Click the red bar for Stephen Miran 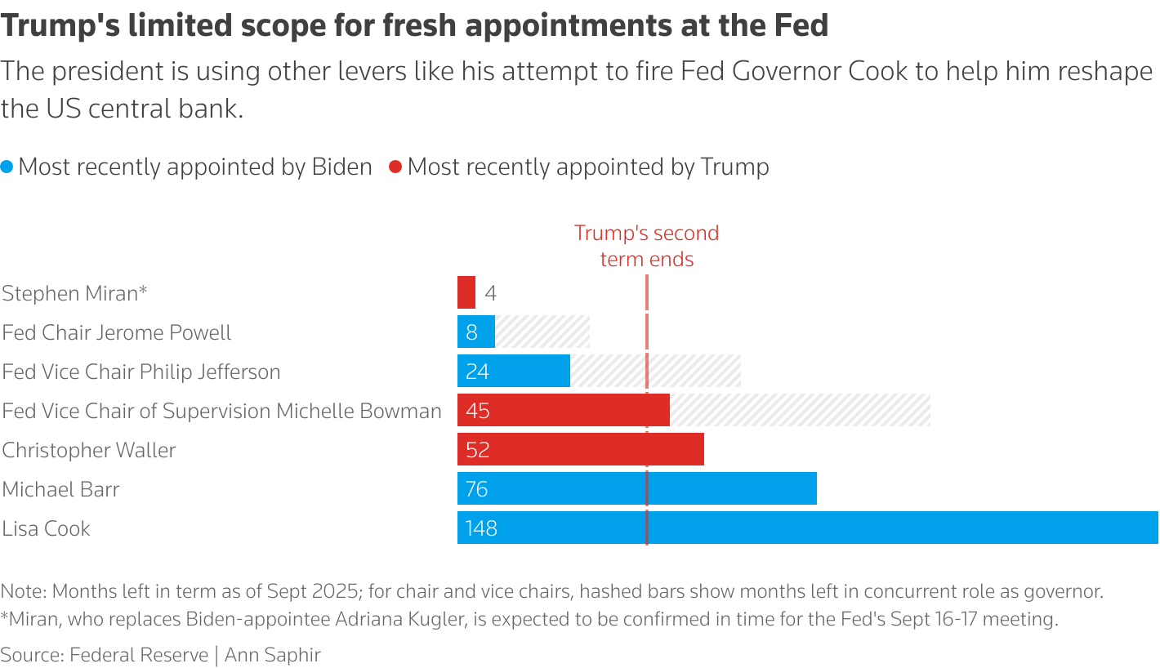(466, 292)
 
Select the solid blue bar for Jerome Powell (475, 332)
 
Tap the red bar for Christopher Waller (580, 449)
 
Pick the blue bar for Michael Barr (637, 488)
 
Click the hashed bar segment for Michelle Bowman (800, 410)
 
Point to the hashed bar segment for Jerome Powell (542, 332)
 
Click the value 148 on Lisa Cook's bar (481, 528)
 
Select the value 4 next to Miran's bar (490, 293)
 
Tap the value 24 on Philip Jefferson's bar (477, 372)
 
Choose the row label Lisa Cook (47, 528)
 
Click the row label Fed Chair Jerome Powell (117, 332)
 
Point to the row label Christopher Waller (89, 450)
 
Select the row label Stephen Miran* (75, 293)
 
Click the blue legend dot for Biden (7, 167)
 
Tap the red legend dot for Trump (396, 167)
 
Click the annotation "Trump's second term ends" (646, 246)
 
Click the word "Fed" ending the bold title (802, 26)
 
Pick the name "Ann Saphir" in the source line (273, 654)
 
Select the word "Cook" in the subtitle (878, 72)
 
